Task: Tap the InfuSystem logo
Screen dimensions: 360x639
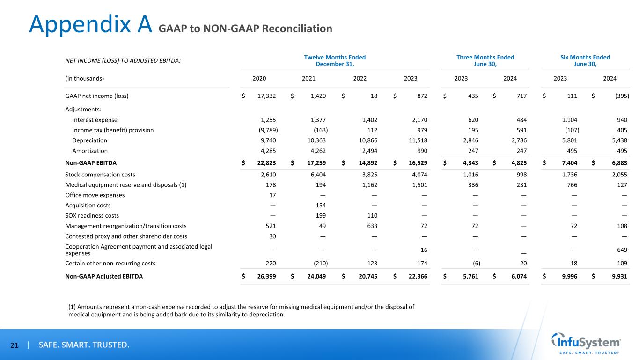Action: pos(587,343)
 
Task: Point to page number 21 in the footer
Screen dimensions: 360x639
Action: pos(15,345)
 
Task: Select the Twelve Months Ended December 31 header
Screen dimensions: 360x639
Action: pos(335,60)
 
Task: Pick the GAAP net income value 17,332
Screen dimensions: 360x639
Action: pos(267,96)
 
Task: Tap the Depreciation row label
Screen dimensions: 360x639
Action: pos(89,140)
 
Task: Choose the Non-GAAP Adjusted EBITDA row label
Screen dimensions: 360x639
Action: pos(104,276)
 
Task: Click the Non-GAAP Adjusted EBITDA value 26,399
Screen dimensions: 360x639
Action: pos(266,276)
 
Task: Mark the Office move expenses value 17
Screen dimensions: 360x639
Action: pos(272,195)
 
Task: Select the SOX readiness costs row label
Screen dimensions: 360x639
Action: pos(92,216)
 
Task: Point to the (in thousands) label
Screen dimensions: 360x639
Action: pos(84,78)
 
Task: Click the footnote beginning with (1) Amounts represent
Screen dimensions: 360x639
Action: pos(241,311)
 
